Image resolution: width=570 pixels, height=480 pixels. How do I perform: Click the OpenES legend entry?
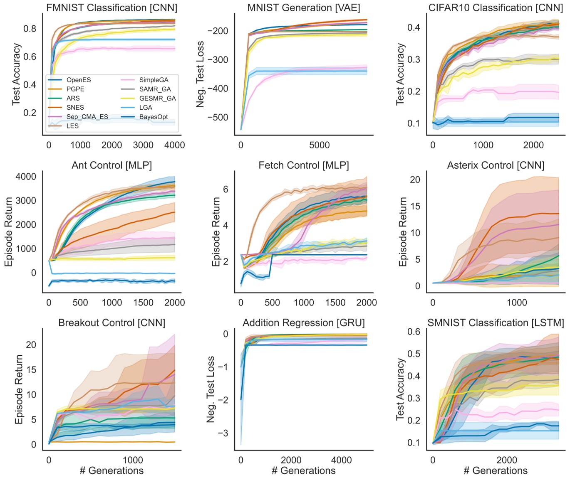click(78, 80)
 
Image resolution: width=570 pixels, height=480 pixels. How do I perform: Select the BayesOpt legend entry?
click(154, 117)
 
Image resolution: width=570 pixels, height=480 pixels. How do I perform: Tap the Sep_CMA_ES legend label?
click(87, 117)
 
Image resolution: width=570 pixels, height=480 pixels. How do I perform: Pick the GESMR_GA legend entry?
click(157, 98)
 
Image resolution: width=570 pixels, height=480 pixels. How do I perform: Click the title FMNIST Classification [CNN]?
click(112, 7)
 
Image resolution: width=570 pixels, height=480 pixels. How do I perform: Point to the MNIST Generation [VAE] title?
click(304, 7)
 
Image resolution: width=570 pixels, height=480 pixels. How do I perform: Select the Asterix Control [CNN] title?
click(496, 165)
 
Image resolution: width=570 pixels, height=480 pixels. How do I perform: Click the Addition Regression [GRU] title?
click(304, 323)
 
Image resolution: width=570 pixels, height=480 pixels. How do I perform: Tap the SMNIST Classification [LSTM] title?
click(496, 323)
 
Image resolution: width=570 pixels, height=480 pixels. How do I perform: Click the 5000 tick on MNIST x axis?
click(319, 145)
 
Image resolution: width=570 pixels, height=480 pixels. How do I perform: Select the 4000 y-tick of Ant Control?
click(26, 177)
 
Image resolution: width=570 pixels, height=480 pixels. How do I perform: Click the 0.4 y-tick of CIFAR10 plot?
click(414, 27)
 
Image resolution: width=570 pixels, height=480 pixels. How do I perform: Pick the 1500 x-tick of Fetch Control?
click(335, 303)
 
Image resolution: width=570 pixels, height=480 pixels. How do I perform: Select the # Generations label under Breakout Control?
click(112, 470)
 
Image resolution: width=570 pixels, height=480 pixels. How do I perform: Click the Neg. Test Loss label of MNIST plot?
click(201, 74)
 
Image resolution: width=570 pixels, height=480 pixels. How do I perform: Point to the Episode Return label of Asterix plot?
click(403, 231)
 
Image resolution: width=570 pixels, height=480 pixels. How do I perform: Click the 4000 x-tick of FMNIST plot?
click(174, 145)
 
